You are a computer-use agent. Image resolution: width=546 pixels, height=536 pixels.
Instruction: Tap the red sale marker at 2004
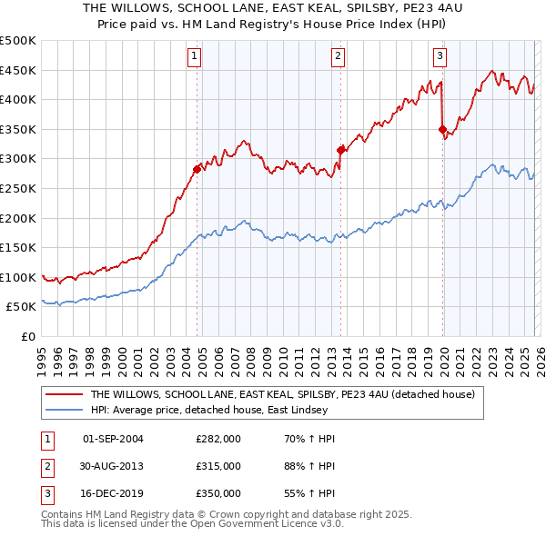(197, 168)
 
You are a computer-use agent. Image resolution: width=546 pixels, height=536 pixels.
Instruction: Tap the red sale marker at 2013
(340, 149)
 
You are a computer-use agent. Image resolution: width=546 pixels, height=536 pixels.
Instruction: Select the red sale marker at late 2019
(442, 129)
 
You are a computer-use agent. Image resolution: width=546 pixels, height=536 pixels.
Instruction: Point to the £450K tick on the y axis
(18, 70)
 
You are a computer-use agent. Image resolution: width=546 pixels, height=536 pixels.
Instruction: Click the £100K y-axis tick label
(18, 277)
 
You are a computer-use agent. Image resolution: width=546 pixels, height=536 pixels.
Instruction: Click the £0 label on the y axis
(28, 336)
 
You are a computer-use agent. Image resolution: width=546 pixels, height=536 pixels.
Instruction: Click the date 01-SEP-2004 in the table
(113, 440)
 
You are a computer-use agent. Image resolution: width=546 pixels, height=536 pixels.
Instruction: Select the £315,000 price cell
(217, 466)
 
